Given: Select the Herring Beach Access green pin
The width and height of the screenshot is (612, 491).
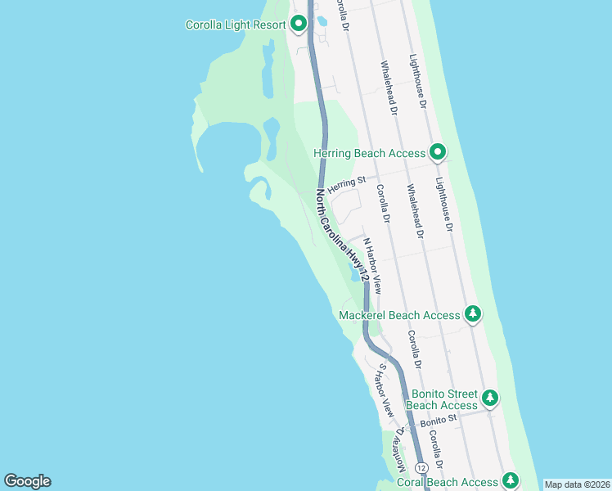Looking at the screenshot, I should pos(439,151).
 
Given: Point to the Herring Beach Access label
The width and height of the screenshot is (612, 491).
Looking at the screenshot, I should pos(370,153).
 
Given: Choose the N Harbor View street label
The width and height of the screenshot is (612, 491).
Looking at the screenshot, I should pos(372,266).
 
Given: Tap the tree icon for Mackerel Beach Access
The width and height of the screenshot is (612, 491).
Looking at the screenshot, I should pos(472,313).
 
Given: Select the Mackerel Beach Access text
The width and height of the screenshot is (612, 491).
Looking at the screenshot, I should pos(400,315).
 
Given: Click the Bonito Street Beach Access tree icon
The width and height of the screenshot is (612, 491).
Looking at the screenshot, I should pos(489,398).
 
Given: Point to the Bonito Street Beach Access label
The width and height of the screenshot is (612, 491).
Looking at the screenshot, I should pos(442,399).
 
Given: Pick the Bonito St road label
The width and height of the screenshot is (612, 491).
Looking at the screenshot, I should pos(434,423).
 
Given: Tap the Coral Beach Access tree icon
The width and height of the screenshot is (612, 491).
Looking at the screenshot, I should pos(511,480).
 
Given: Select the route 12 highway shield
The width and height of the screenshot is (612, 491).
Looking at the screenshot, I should pos(421,466).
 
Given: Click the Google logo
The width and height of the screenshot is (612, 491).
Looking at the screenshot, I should pos(27,481).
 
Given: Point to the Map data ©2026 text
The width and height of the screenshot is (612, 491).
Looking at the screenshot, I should pos(577,484).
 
